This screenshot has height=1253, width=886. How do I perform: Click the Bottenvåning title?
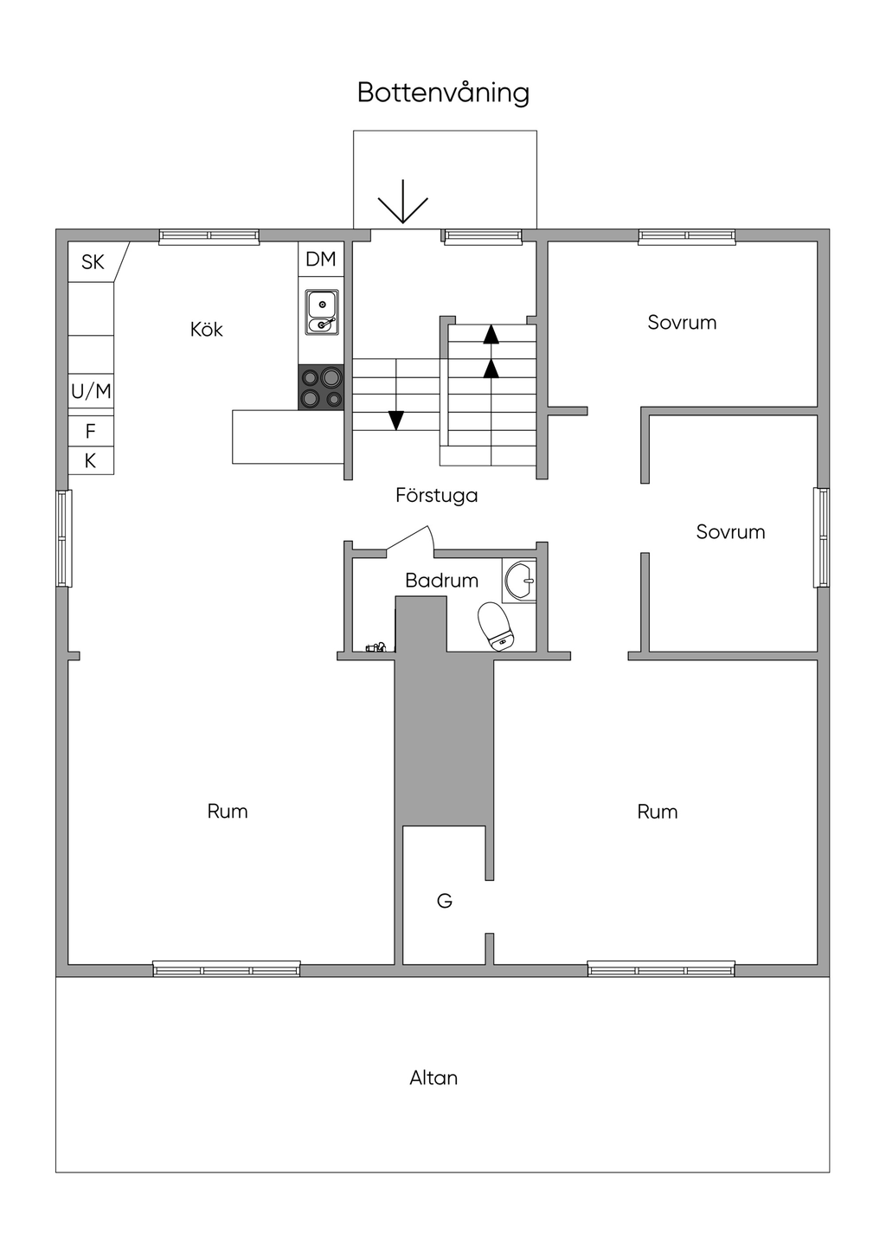point(443,93)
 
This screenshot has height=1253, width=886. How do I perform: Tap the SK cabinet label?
point(93,262)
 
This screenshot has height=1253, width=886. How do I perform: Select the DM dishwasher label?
point(320,259)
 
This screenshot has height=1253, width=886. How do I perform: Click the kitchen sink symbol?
point(322,312)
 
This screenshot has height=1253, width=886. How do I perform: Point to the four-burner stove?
point(320,387)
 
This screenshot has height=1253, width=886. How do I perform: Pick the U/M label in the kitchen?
point(91,391)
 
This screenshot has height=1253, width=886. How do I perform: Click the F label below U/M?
point(90,431)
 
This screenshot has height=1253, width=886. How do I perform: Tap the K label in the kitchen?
point(90,461)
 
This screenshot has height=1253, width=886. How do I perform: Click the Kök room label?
point(207,330)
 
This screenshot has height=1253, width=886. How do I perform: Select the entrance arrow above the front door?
point(402,202)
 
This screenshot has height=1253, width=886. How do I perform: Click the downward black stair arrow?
point(396,420)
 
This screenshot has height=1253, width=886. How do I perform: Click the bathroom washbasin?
point(519,580)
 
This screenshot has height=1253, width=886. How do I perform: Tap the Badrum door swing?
point(411,541)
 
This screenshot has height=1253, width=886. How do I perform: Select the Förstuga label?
point(436,496)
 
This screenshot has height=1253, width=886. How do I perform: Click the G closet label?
point(444,901)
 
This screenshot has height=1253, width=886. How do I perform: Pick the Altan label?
point(433,1078)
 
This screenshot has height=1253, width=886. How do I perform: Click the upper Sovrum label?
point(682,322)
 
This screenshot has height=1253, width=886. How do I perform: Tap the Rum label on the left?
point(227,811)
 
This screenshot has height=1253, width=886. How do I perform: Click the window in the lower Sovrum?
point(821,537)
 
